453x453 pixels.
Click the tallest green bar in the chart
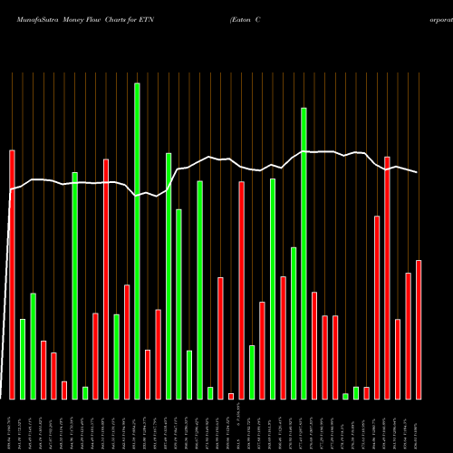[137, 240]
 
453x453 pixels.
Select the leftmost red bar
[12, 274]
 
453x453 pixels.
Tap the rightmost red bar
[419, 329]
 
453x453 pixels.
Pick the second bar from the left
[23, 359]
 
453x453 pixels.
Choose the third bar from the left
[33, 346]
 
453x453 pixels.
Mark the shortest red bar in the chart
[231, 396]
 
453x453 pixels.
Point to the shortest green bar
[345, 396]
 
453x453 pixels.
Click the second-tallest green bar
[304, 253]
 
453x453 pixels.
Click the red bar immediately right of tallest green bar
[148, 374]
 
